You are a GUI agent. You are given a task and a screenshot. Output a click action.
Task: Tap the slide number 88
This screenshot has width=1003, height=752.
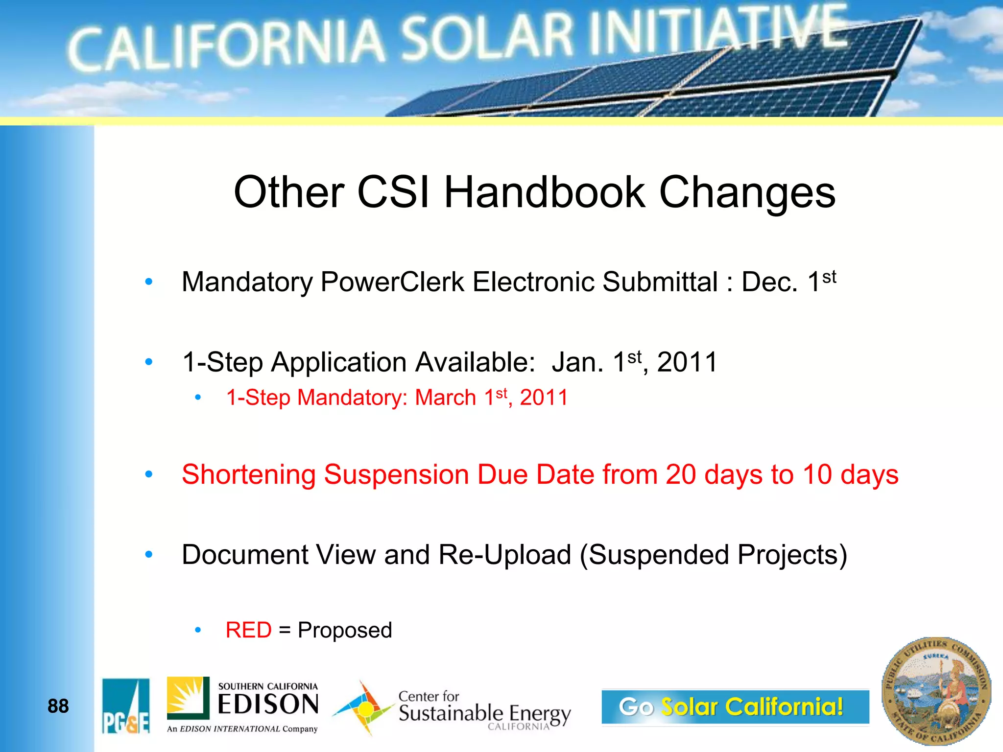tap(58, 706)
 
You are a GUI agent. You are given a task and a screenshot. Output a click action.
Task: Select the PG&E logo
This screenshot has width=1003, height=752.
tap(126, 706)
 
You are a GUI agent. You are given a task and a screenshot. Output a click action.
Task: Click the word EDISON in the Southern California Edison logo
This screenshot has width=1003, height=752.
tap(268, 705)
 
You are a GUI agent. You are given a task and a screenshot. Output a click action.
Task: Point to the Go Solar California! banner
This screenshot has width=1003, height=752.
tap(735, 706)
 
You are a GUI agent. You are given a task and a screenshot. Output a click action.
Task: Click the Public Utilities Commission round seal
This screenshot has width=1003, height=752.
tap(936, 691)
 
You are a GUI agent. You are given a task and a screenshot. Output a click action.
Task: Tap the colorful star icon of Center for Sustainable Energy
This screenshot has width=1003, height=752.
tap(363, 708)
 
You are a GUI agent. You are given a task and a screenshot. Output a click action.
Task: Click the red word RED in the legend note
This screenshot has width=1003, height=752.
tap(248, 630)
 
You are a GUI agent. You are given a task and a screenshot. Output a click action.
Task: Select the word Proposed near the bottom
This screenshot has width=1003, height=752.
tap(345, 630)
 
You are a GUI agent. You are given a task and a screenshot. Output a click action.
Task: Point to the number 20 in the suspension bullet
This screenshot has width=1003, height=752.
tap(680, 474)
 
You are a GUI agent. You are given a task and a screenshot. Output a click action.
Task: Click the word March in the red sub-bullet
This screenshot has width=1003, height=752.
tap(445, 398)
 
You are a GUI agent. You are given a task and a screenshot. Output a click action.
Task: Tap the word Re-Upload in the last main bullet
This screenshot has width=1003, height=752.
tap(504, 555)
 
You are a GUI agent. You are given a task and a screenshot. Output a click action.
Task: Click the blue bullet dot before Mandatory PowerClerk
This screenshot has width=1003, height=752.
tap(149, 282)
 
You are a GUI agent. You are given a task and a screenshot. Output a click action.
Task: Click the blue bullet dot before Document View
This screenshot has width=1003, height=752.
tap(149, 554)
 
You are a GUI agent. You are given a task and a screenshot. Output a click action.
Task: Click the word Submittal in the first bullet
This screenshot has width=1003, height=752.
tap(660, 282)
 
